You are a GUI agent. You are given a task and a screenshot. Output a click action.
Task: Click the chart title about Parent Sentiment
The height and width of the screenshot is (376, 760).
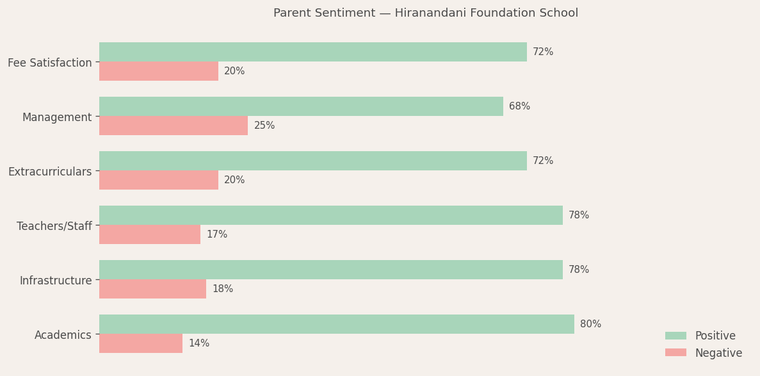[x=425, y=13]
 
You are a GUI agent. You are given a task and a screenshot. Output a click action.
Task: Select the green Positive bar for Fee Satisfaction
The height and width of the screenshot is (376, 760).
[x=312, y=52]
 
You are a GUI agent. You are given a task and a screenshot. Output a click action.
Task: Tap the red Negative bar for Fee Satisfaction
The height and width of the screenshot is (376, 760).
[x=158, y=71]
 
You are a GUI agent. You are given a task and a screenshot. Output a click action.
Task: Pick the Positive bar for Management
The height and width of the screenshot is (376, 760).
[x=301, y=106]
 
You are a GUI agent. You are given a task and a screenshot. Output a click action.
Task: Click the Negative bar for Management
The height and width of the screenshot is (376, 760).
[x=173, y=126]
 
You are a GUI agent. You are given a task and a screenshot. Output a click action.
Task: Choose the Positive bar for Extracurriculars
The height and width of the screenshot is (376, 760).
[x=312, y=161]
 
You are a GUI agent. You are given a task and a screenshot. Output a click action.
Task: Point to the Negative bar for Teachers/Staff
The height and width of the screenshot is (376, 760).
[x=149, y=234]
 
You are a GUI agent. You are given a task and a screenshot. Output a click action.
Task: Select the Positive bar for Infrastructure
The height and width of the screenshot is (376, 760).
[x=330, y=270]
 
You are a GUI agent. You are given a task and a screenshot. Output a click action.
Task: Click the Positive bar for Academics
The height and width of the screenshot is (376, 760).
[x=336, y=324]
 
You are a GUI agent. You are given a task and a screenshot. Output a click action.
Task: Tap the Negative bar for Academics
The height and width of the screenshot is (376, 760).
[x=140, y=343]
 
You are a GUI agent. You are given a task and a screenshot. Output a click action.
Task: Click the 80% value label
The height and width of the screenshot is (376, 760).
[x=590, y=324]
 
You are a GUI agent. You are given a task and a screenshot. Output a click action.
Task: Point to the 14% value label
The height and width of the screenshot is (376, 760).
[x=198, y=343]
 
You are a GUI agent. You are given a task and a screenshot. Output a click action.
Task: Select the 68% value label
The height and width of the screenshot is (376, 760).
[x=519, y=106]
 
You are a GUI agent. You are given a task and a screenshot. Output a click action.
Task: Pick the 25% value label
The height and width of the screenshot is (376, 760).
[x=264, y=126]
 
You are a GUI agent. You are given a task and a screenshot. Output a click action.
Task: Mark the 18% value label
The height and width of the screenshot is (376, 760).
[x=222, y=289]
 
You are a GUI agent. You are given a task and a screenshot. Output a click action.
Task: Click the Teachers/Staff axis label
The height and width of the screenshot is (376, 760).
[x=54, y=226]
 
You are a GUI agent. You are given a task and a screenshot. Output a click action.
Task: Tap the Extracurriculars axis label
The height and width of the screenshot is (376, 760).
[x=50, y=172]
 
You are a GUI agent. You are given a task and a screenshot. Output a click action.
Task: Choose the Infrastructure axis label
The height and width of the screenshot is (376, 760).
[x=56, y=281]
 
